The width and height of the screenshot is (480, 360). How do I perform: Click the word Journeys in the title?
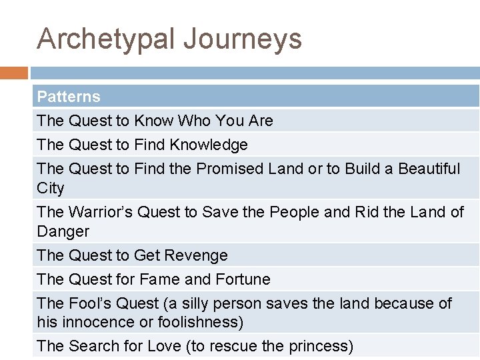tap(243, 39)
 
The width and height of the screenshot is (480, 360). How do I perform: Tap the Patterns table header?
tap(69, 97)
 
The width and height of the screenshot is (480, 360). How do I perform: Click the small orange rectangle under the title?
tap(14, 73)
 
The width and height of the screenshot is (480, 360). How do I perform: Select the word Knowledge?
tap(209, 145)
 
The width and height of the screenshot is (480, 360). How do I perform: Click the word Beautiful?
tap(429, 169)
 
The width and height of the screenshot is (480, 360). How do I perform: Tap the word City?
tap(51, 188)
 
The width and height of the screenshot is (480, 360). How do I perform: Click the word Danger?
tap(63, 231)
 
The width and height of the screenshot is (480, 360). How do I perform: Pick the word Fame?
tap(157, 279)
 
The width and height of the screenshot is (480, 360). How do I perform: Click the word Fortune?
tap(242, 279)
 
